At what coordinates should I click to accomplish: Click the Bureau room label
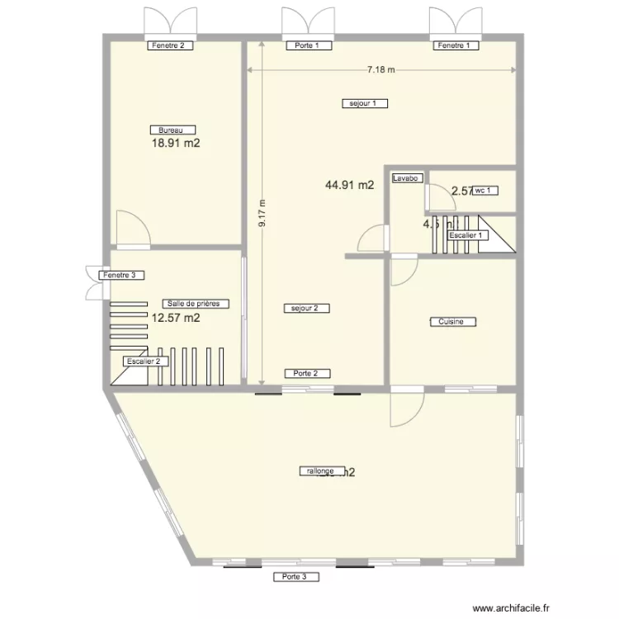pos(172,130)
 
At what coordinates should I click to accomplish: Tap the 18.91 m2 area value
pos(176,143)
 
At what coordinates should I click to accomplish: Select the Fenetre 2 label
pos(171,46)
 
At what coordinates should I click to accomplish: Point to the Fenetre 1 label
pos(456,46)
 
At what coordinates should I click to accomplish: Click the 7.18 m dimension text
pos(381,70)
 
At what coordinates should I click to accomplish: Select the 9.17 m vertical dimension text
pos(262,213)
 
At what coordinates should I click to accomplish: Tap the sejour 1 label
pos(364,103)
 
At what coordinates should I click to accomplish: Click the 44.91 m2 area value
pos(350,185)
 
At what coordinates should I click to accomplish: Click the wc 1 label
pos(485,191)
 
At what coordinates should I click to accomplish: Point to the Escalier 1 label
pos(468,235)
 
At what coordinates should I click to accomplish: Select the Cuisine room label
pos(452,322)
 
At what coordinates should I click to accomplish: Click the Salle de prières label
pos(196,303)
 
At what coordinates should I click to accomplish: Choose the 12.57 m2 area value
pos(176,317)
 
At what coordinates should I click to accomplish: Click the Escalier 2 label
pos(147,361)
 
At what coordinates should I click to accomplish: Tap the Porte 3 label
pos(295,576)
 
